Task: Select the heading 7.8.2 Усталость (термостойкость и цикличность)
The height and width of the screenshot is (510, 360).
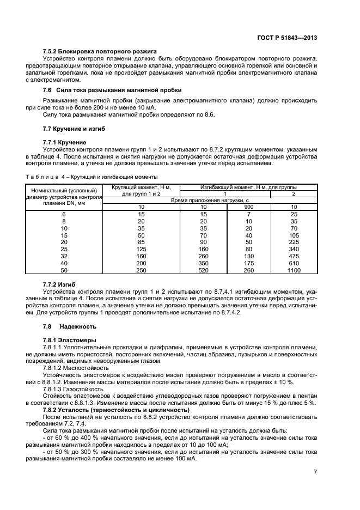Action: [116, 409]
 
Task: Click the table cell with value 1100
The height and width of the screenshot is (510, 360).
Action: [294, 270]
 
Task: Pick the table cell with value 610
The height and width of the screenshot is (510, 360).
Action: [294, 263]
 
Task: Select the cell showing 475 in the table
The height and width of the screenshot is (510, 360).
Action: [294, 256]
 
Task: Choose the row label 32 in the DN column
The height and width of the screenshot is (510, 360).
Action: [64, 256]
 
